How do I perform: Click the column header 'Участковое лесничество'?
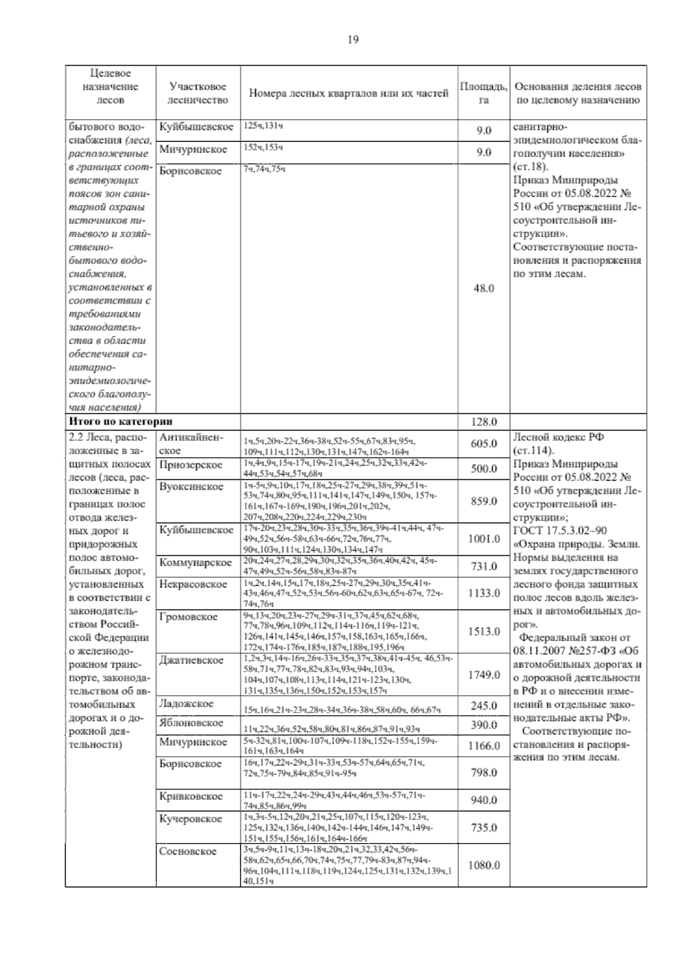coord(198,93)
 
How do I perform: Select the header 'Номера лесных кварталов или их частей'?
coord(348,93)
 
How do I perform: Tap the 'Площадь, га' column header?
coord(484,93)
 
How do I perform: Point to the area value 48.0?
coord(484,288)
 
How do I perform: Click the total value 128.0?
coord(484,422)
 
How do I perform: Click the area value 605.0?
coord(484,444)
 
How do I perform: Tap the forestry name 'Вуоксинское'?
coord(191,487)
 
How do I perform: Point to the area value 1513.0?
coord(484,631)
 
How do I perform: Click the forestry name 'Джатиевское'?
coord(191,660)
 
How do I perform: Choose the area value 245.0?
coord(484,706)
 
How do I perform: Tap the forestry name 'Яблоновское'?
coord(191,723)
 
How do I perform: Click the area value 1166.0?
coord(484,746)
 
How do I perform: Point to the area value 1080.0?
coord(484,865)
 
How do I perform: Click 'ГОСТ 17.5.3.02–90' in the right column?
coord(559,531)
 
